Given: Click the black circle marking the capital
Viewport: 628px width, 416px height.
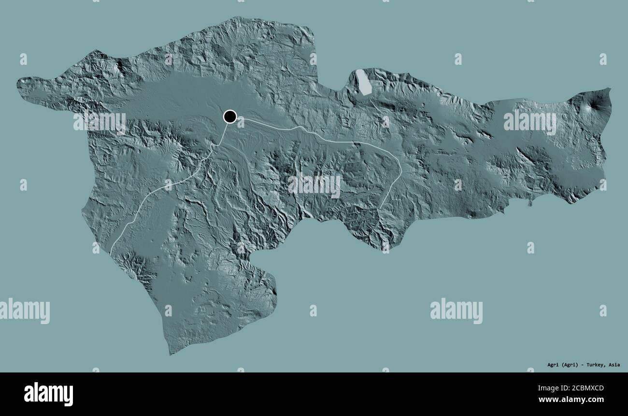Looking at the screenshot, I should pyautogui.click(x=230, y=117).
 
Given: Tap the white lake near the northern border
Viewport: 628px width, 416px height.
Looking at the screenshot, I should pyautogui.click(x=363, y=82).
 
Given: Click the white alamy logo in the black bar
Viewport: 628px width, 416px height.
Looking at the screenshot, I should pyautogui.click(x=48, y=394).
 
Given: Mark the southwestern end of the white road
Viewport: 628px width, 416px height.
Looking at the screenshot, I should pyautogui.click(x=111, y=253).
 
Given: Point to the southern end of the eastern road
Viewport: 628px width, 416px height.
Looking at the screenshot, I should pyautogui.click(x=380, y=208).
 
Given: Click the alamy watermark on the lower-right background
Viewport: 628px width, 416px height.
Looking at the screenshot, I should pyautogui.click(x=456, y=311).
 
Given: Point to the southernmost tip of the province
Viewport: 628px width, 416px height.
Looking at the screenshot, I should pyautogui.click(x=170, y=354).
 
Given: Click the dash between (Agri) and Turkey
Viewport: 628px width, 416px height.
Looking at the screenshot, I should pyautogui.click(x=583, y=365).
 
